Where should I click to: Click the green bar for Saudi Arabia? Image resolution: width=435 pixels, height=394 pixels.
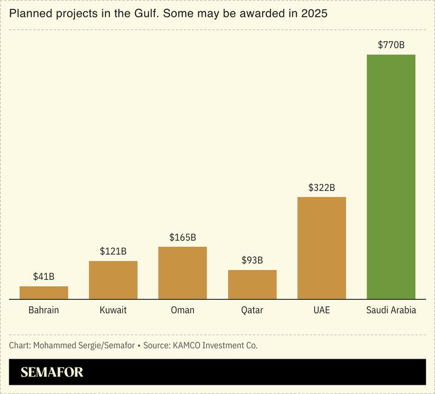[x=391, y=177]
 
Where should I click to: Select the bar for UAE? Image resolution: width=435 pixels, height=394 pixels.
[x=321, y=248]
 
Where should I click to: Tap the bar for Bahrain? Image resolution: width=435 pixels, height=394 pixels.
[x=44, y=293]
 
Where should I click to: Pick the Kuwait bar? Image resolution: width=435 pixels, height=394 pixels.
[x=113, y=280]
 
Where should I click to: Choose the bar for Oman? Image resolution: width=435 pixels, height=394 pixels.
[x=182, y=273]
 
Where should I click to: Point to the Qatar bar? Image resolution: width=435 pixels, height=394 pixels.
[x=252, y=284]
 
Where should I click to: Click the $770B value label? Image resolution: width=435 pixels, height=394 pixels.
[x=391, y=45]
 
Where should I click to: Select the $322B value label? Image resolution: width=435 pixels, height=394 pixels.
[x=321, y=187]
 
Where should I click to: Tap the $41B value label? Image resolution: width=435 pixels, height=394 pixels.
[x=44, y=276]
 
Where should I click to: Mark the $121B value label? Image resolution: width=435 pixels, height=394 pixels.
[x=113, y=251]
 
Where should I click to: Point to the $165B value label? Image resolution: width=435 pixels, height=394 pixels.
[x=182, y=237]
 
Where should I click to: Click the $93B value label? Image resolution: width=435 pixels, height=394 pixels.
[x=252, y=260]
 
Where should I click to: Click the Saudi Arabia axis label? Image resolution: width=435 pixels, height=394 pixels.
[x=391, y=310]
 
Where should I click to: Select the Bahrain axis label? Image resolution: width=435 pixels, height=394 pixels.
[x=44, y=310]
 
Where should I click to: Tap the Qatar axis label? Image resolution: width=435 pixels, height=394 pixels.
[x=252, y=310]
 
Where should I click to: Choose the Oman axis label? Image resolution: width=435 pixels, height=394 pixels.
[x=182, y=310]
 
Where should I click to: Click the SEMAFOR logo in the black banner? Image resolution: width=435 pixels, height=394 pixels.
[x=52, y=373]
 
